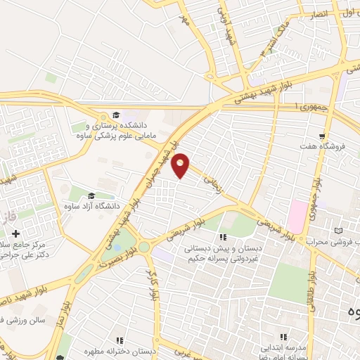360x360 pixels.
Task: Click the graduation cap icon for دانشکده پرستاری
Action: [x=116, y=115]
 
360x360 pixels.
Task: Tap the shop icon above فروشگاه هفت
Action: [x=322, y=136]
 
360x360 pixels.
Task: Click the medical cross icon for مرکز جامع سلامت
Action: [x=15, y=233]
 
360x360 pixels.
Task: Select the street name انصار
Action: [x=319, y=13]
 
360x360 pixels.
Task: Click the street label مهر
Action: [x=185, y=18]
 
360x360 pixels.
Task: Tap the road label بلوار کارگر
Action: [x=150, y=281]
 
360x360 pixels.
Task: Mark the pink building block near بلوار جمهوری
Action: [x=297, y=216]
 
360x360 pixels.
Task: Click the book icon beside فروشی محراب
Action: [x=340, y=231]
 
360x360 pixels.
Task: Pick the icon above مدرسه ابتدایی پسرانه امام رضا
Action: [x=284, y=337]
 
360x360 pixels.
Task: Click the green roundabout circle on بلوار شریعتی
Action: [x=144, y=247]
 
